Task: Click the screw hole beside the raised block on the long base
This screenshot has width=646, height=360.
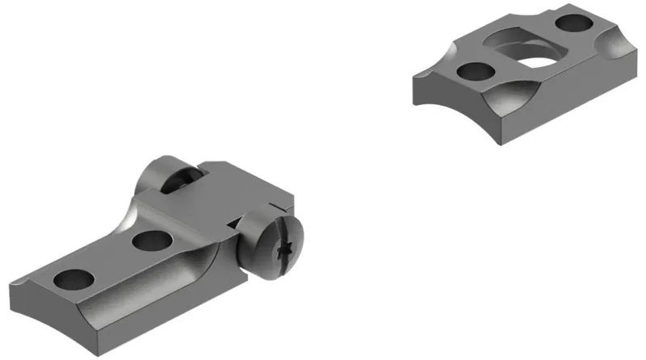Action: point(150,241)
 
